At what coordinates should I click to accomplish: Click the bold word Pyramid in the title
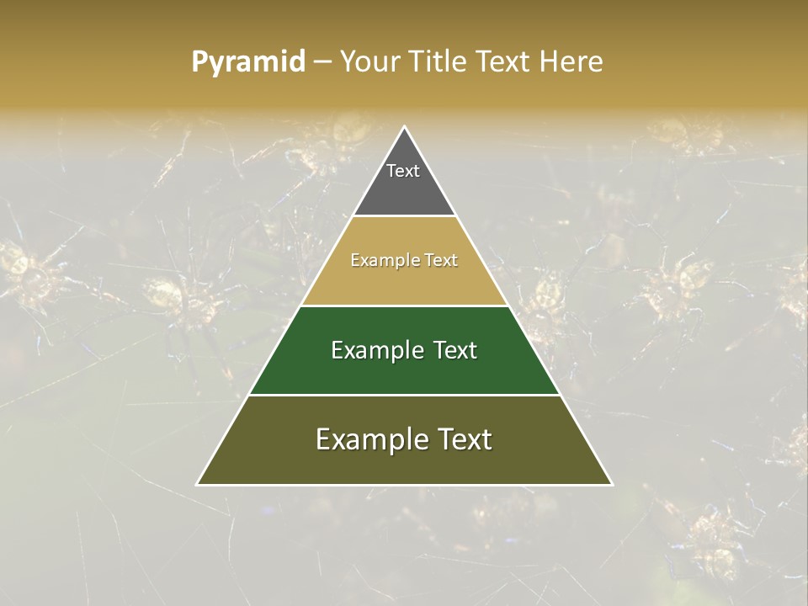(248, 62)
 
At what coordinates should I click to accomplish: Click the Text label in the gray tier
(403, 171)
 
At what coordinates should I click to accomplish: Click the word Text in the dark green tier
(455, 350)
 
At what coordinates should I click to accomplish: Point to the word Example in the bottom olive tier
(370, 439)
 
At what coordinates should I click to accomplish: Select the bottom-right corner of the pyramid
(611, 484)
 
